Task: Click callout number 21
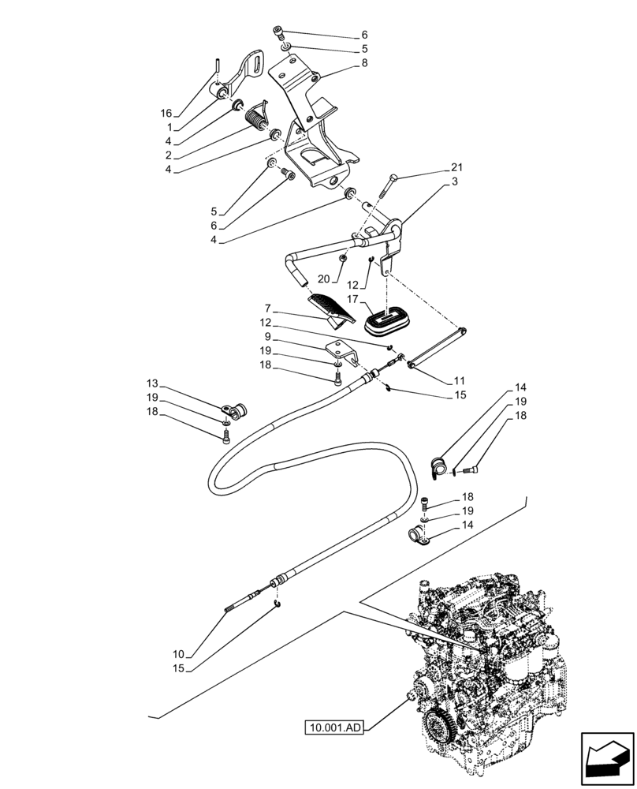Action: (457, 168)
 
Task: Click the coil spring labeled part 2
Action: (256, 121)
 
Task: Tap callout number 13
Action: (151, 383)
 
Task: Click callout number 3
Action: (457, 181)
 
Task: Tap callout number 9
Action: (268, 336)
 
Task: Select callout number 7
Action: (268, 308)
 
